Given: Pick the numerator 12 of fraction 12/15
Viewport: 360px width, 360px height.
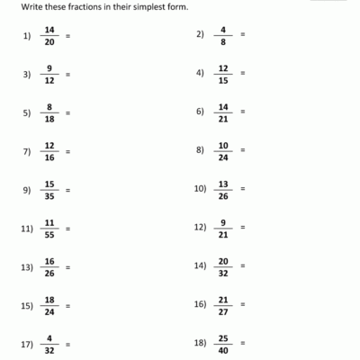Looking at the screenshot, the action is click(223, 67).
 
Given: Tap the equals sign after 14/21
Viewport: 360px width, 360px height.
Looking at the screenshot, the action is click(243, 112).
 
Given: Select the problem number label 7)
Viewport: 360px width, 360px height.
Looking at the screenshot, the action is click(26, 151).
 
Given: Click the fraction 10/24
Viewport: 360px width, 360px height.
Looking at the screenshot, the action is click(223, 151).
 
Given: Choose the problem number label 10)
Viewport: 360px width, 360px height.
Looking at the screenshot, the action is click(200, 190).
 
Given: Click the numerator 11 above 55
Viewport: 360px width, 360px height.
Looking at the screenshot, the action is click(49, 222).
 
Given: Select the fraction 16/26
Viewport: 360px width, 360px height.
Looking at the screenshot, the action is click(49, 267).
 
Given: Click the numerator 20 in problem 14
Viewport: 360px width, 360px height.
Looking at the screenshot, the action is click(223, 261).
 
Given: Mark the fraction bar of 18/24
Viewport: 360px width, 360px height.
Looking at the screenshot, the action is click(49, 306).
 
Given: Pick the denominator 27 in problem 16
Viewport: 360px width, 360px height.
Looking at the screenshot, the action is click(223, 311).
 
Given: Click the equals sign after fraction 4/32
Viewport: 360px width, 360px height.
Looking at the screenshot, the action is click(68, 345).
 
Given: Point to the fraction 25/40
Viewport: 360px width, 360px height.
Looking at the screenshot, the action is click(223, 345).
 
